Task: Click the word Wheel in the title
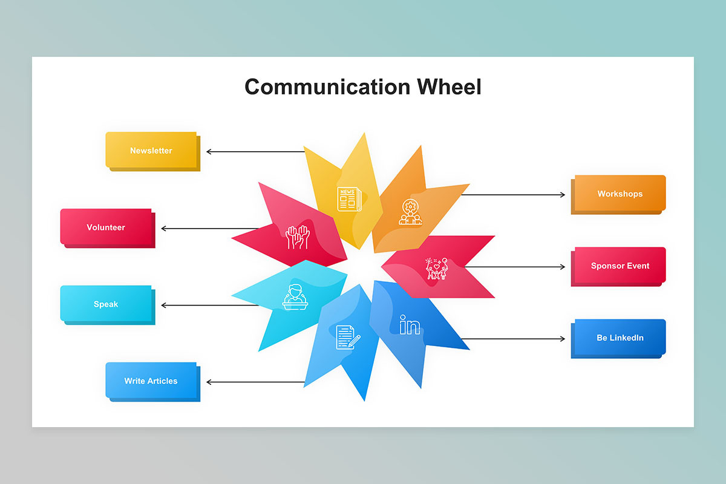(x=449, y=87)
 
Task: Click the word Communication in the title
(x=327, y=87)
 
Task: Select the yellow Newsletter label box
(x=151, y=150)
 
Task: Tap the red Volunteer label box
(x=106, y=227)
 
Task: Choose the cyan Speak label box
(x=106, y=304)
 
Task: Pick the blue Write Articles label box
(x=151, y=381)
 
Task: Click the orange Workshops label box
(x=620, y=194)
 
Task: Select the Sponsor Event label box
(x=620, y=266)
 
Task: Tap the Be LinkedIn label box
(x=620, y=338)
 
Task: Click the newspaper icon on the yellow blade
(x=348, y=199)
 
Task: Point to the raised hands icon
(x=298, y=237)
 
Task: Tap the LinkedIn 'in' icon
(x=410, y=325)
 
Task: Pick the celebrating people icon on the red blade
(x=437, y=268)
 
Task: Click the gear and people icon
(x=410, y=212)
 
